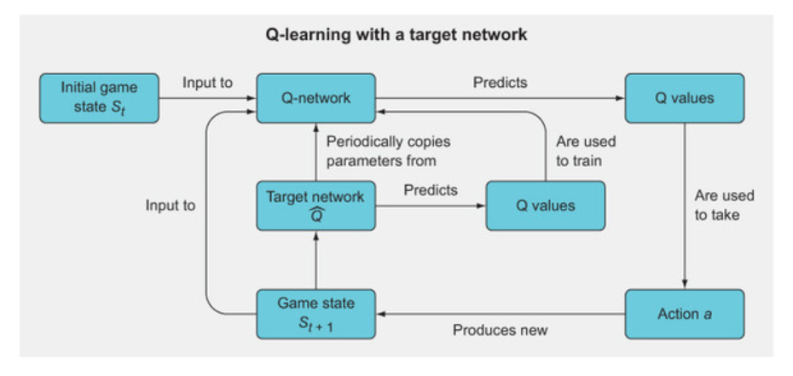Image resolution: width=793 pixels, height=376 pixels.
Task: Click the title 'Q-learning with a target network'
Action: pos(396,36)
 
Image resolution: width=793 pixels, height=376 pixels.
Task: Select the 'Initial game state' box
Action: pos(99,98)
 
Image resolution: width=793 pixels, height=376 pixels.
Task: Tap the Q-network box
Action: pos(316,98)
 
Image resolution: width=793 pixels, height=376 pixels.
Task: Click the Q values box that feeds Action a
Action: pos(684,98)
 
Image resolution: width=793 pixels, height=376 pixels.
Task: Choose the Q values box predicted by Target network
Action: pos(545,205)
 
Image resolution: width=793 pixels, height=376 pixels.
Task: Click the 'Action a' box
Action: pos(684,314)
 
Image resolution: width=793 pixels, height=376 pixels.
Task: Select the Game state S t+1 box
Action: pos(316,314)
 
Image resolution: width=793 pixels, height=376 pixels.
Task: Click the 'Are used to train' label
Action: pos(585,150)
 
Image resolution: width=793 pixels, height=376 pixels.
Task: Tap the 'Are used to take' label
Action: pos(723,205)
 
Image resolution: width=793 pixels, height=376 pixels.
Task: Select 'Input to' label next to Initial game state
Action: pos(207,84)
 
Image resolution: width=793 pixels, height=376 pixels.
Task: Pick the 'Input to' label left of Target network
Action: pos(170,205)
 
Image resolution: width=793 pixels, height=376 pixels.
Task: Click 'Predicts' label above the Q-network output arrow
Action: pos(500,84)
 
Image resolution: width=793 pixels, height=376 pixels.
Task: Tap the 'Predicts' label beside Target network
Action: pos(431,190)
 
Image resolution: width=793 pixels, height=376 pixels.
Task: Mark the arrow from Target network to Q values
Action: pos(431,205)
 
